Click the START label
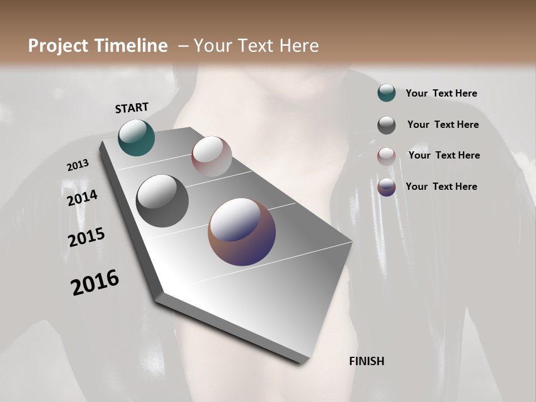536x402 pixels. pyautogui.click(x=132, y=108)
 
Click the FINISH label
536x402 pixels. pyautogui.click(x=366, y=361)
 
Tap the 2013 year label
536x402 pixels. pyautogui.click(x=78, y=165)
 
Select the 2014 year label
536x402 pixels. pyautogui.click(x=82, y=198)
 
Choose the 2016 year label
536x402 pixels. pyautogui.click(x=95, y=283)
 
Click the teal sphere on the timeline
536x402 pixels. pyautogui.click(x=136, y=137)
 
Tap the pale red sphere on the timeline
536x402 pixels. pyautogui.click(x=212, y=156)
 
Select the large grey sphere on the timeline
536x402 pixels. pyautogui.click(x=162, y=201)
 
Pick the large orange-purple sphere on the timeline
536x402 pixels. pyautogui.click(x=242, y=232)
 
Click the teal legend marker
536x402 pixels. pyautogui.click(x=386, y=93)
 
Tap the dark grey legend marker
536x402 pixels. pyautogui.click(x=386, y=125)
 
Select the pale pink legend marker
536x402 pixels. pyautogui.click(x=386, y=156)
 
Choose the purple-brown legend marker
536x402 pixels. pyautogui.click(x=386, y=187)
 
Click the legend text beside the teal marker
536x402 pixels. pyautogui.click(x=441, y=93)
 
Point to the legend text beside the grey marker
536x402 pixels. pyautogui.click(x=443, y=125)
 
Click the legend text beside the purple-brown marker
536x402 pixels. pyautogui.click(x=441, y=186)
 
